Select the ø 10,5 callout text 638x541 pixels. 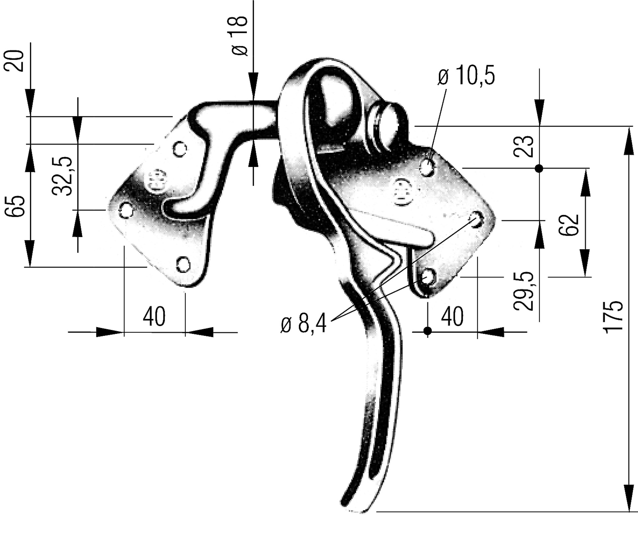pos(466,76)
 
